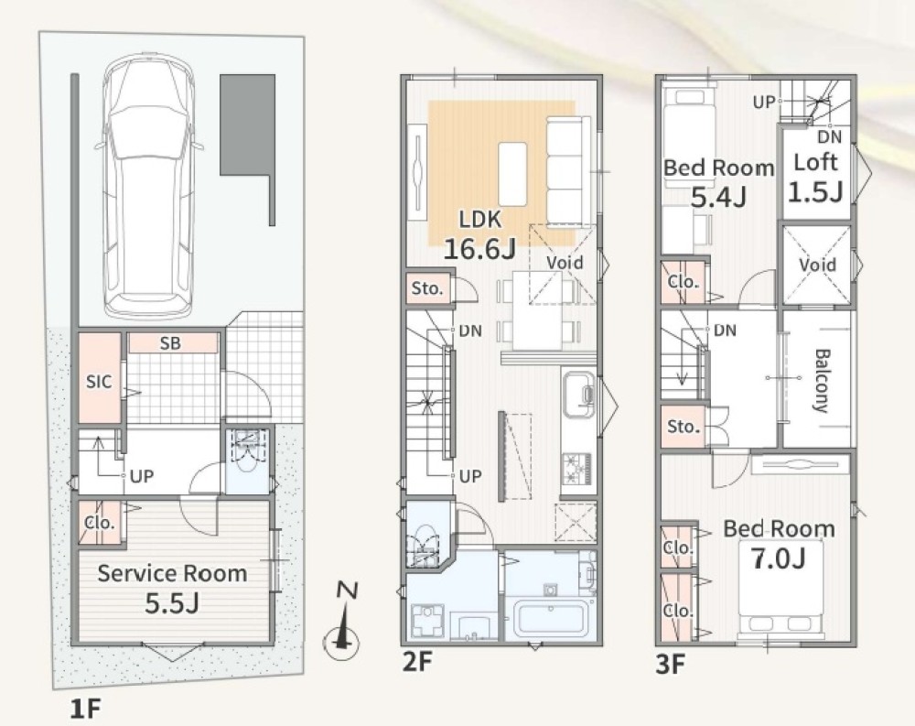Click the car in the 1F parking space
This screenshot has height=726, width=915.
pyautogui.click(x=149, y=187)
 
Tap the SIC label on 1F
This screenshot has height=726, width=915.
pyautogui.click(x=99, y=382)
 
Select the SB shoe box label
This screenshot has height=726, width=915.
pyautogui.click(x=170, y=343)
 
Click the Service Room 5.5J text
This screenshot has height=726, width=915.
pyautogui.click(x=172, y=588)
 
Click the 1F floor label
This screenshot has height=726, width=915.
pyautogui.click(x=85, y=709)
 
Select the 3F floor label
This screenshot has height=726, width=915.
pyautogui.click(x=670, y=664)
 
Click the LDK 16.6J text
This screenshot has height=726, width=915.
pyautogui.click(x=480, y=234)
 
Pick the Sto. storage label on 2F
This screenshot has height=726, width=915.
pyautogui.click(x=427, y=288)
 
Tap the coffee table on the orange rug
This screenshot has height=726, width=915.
pyautogui.click(x=513, y=174)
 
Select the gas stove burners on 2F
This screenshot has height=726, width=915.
pyautogui.click(x=577, y=469)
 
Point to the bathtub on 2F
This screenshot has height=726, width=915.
pyautogui.click(x=550, y=620)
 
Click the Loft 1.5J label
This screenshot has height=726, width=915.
pyautogui.click(x=816, y=177)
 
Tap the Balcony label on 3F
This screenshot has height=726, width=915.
pyautogui.click(x=822, y=381)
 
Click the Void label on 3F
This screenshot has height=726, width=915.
pyautogui.click(x=817, y=265)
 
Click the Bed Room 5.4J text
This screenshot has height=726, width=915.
pyautogui.click(x=719, y=182)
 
